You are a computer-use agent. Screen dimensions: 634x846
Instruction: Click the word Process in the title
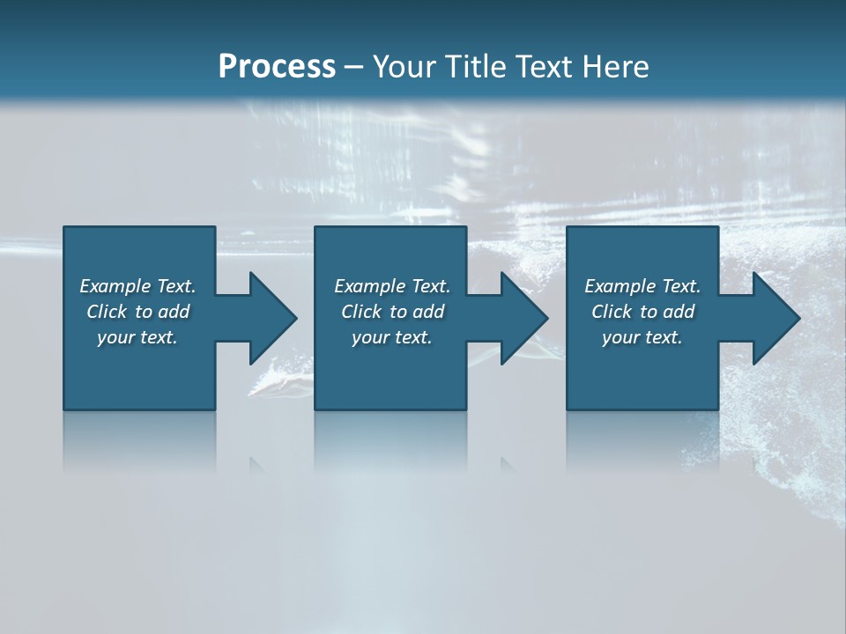click(x=277, y=67)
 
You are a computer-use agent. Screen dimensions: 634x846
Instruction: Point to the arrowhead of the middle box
click(x=523, y=318)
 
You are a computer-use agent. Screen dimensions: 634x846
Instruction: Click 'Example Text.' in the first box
click(x=137, y=286)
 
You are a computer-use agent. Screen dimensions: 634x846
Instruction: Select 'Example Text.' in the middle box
click(x=392, y=286)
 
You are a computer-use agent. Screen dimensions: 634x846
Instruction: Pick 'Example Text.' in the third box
click(x=642, y=286)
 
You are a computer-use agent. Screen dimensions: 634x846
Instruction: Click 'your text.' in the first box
click(x=137, y=337)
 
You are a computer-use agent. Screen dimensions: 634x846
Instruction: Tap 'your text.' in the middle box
click(x=392, y=337)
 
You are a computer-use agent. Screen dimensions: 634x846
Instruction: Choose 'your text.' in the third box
click(x=642, y=337)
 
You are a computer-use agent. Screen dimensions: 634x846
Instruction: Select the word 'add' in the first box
click(x=174, y=312)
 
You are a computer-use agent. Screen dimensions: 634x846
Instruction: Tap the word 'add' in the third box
click(x=679, y=312)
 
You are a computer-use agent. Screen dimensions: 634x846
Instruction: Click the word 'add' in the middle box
click(x=428, y=312)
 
